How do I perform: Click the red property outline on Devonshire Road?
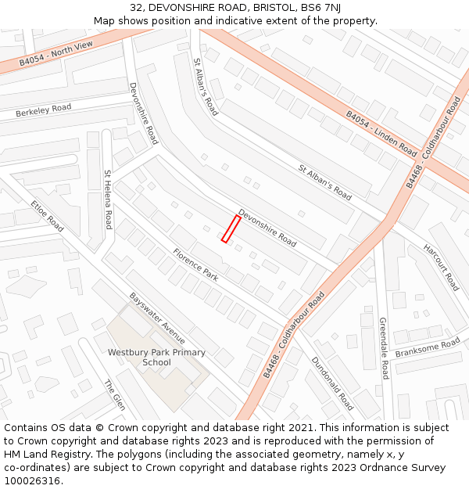pos(231,228)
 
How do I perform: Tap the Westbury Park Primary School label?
pos(156,358)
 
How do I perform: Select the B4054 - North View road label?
pos(55,52)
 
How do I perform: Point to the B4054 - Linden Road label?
pos(381,132)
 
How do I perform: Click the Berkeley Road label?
pos(43,111)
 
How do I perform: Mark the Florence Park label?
pos(196,264)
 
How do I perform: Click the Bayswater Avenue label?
pos(157,318)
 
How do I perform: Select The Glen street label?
pos(115,394)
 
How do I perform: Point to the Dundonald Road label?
pos(333,384)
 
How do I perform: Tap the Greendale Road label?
pos(384,348)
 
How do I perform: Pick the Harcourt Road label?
pos(442,267)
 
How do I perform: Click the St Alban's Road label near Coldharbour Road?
pos(325,181)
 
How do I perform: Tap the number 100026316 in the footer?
pos(32,480)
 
